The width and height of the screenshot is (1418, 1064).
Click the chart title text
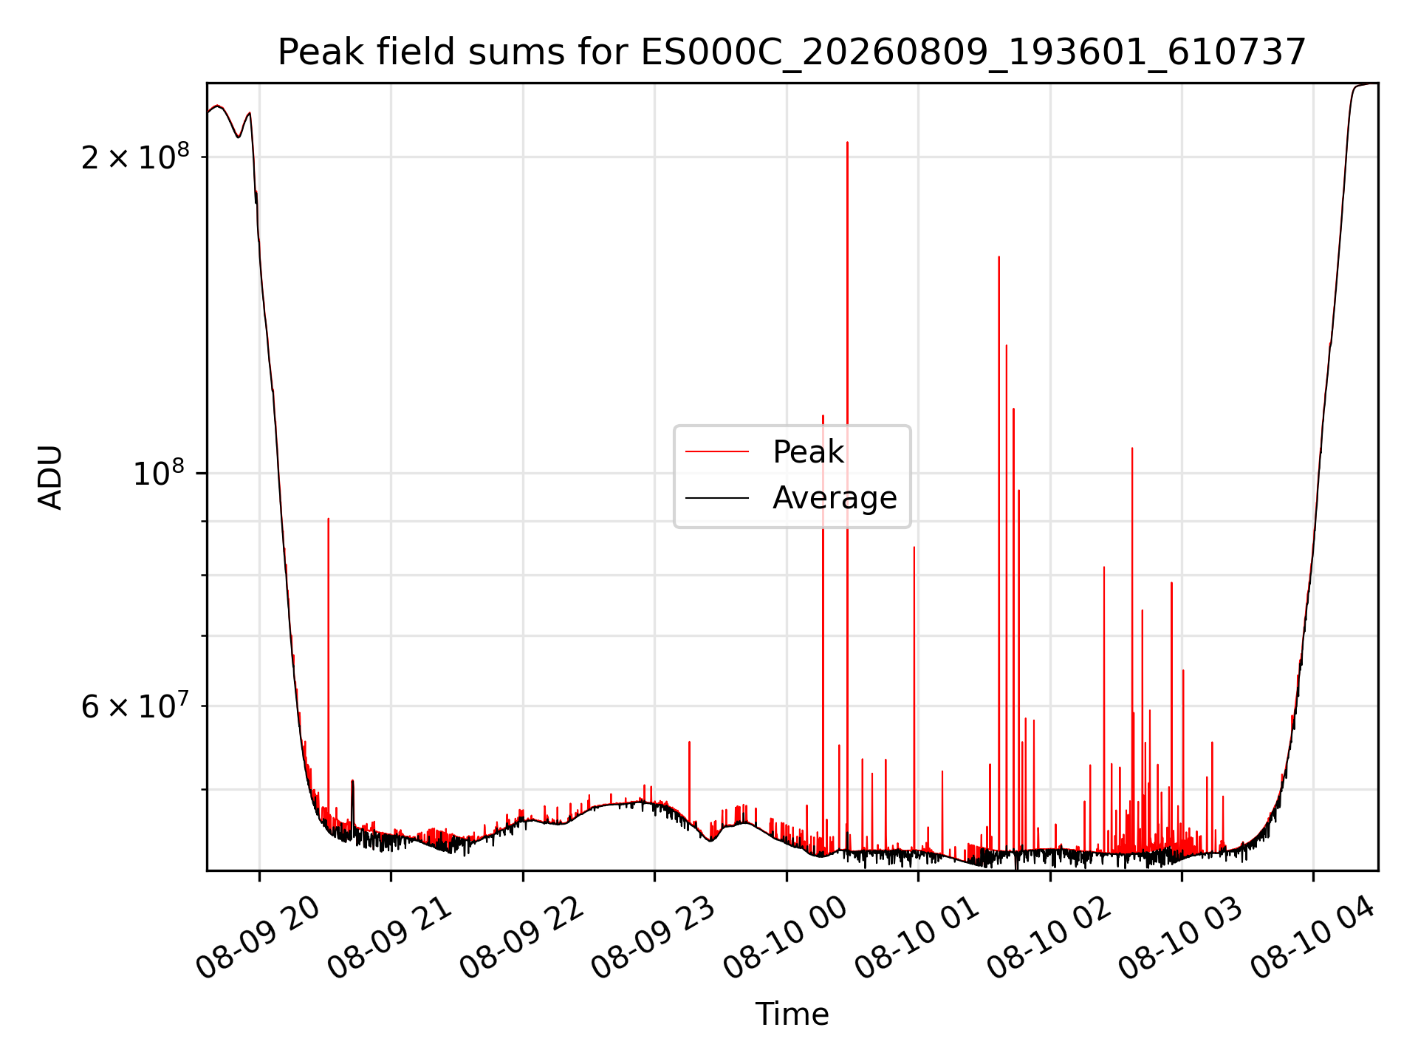(x=792, y=52)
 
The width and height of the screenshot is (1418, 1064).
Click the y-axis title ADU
(x=51, y=477)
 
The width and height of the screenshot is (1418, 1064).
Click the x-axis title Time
(x=792, y=1014)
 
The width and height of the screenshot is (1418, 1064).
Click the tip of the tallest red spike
(x=847, y=142)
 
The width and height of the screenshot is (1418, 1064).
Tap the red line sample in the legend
(x=717, y=451)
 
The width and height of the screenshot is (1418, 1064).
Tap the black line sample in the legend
(x=717, y=498)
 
